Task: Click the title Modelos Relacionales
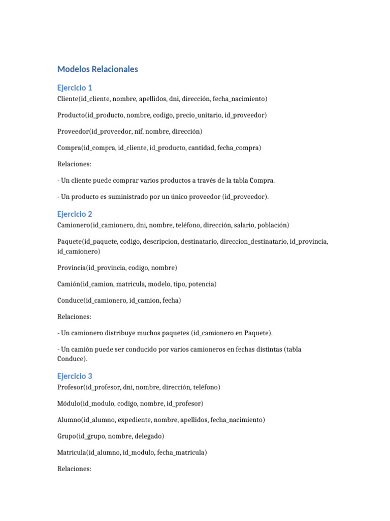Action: (97, 69)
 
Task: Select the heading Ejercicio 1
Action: (75, 88)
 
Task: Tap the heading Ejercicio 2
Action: (75, 214)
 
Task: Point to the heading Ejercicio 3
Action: (75, 376)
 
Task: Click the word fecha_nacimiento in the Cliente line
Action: (240, 99)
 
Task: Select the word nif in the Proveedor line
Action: (138, 131)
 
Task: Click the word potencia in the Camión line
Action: (202, 284)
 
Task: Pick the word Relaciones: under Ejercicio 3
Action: (74, 469)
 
